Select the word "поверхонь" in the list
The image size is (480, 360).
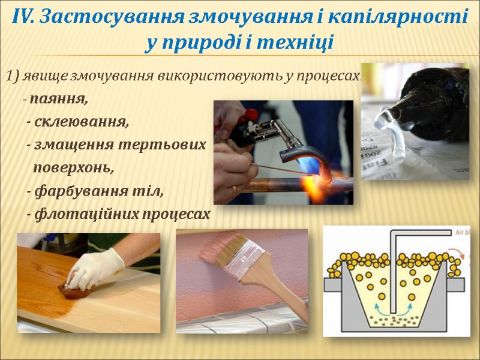tap(73, 167)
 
